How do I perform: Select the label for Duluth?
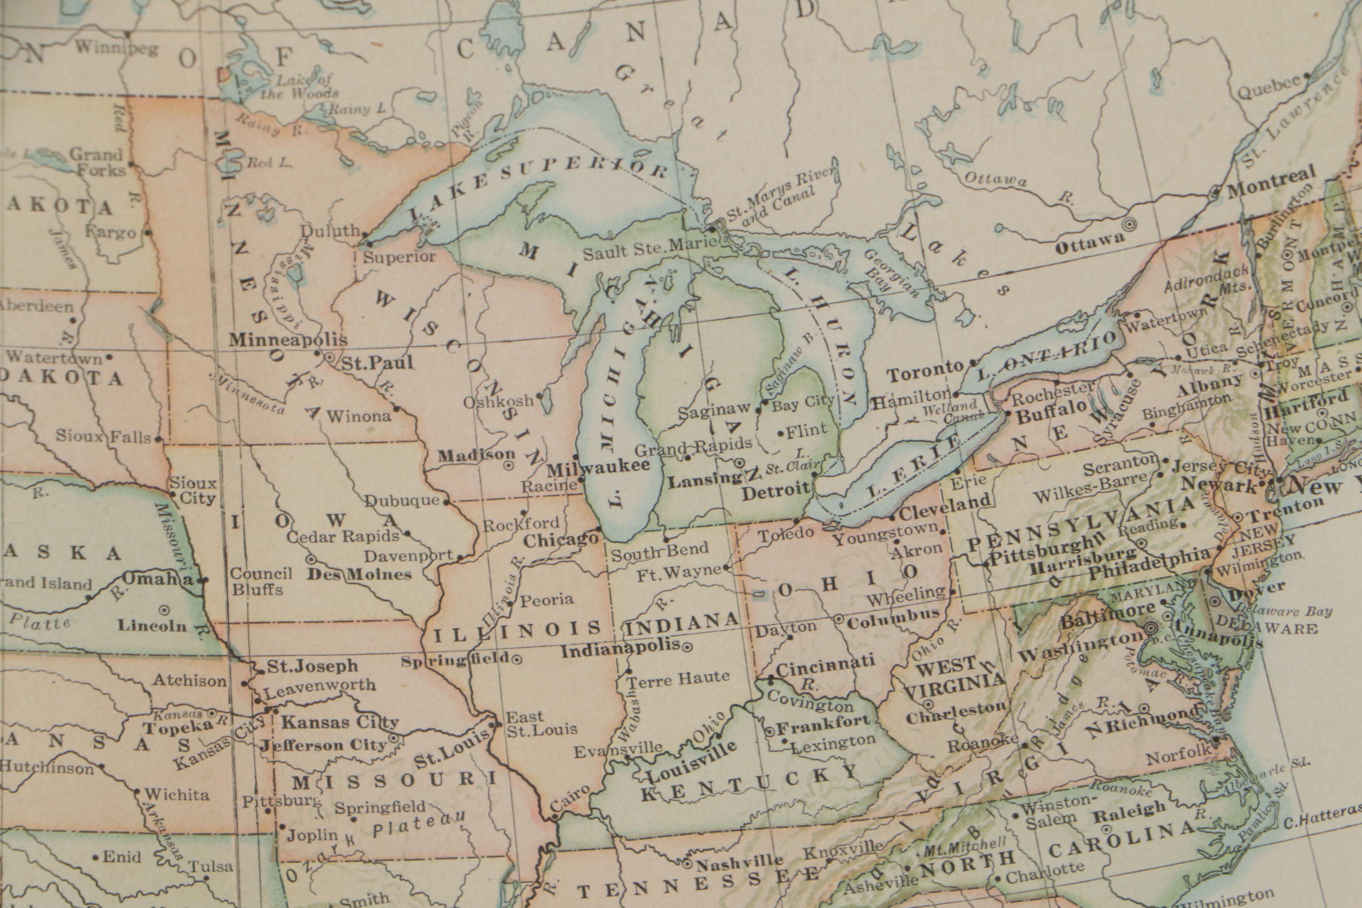tap(330, 230)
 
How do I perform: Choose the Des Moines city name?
tap(359, 574)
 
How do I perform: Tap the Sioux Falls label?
tap(103, 436)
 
